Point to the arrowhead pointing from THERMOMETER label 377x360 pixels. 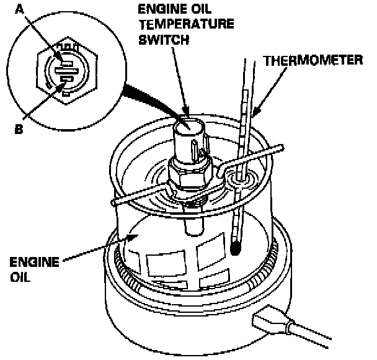(x=253, y=115)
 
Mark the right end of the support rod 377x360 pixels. (x=285, y=147)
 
